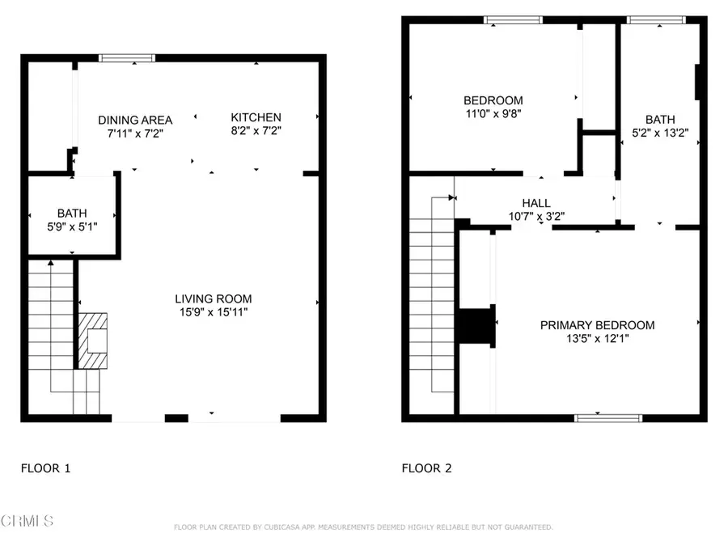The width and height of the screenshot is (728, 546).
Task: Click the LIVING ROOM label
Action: click(213, 298)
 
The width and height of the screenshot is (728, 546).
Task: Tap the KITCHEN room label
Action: click(256, 117)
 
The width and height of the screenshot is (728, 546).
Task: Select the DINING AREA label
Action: click(135, 120)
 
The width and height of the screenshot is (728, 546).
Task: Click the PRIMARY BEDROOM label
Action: click(598, 325)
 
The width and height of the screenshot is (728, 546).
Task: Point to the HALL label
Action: click(536, 203)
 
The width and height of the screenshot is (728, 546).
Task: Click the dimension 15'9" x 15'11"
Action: click(214, 312)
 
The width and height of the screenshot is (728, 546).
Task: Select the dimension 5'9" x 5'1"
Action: click(72, 226)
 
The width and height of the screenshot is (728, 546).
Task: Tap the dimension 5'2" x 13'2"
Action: click(660, 133)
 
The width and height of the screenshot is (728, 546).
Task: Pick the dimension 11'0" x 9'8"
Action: click(493, 114)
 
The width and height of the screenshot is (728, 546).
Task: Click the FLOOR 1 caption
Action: click(45, 468)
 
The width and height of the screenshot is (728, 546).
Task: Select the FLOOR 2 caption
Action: click(426, 468)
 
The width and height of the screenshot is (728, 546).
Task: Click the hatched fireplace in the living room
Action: click(93, 341)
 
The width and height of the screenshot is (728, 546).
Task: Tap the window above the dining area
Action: click(127, 58)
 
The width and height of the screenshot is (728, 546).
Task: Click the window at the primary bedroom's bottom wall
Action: click(608, 418)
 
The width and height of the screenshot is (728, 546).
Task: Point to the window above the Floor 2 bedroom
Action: click(513, 19)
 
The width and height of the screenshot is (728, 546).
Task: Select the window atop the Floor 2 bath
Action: click(656, 19)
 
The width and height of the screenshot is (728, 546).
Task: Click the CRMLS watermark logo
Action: click(27, 521)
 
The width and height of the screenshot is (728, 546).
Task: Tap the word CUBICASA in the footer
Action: click(281, 527)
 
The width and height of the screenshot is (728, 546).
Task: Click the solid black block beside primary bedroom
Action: click(476, 326)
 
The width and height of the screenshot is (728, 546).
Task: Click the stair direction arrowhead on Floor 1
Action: click(51, 263)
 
